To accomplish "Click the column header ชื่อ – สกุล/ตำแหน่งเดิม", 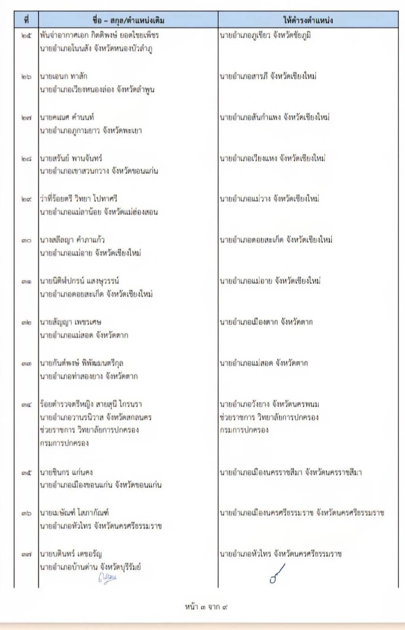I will click(x=128, y=20).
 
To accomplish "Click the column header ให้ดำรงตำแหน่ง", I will click(x=308, y=20).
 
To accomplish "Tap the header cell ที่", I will click(x=26, y=20).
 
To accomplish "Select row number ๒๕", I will click(x=26, y=35).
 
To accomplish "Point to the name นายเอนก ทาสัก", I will click(x=64, y=76).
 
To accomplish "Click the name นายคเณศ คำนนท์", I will click(x=67, y=117).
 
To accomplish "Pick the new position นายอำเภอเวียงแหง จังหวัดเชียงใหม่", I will click(x=273, y=158).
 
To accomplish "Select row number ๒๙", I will click(x=26, y=199).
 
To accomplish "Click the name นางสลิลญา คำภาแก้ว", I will click(x=72, y=240).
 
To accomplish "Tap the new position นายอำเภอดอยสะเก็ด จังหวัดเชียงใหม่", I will click(x=276, y=240).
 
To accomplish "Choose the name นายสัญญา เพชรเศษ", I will click(x=70, y=322).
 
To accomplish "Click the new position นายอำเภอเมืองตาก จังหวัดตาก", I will click(x=266, y=322).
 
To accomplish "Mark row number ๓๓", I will click(x=26, y=363).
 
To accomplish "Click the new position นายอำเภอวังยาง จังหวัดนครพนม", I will click(x=270, y=404).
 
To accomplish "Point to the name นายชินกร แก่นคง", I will click(x=66, y=472).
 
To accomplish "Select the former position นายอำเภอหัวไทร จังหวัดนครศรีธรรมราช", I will click(x=101, y=526).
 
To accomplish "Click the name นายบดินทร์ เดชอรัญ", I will click(x=71, y=554).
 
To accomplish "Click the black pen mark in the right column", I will click(x=277, y=573).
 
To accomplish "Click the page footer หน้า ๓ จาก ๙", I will click(x=207, y=607).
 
